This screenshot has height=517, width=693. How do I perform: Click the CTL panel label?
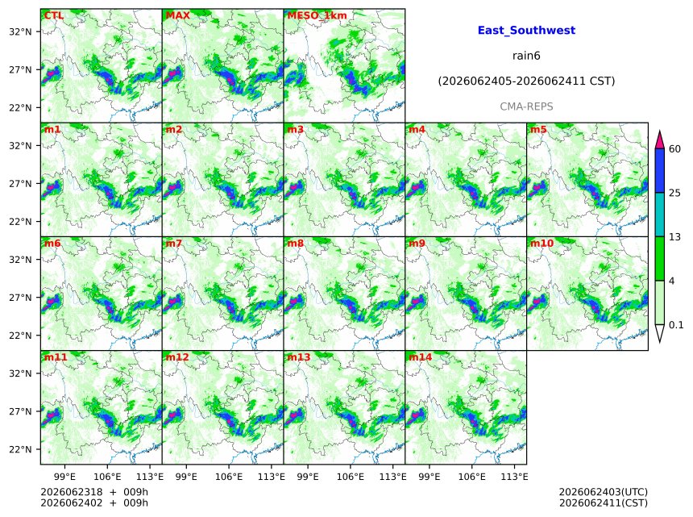pyautogui.click(x=53, y=15)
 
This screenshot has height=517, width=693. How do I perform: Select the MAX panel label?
pyautogui.click(x=177, y=15)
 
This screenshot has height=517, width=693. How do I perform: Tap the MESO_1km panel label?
pyautogui.click(x=317, y=16)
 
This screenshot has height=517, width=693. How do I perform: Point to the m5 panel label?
pyautogui.click(x=538, y=130)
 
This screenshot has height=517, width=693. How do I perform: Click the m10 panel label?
pyautogui.click(x=542, y=244)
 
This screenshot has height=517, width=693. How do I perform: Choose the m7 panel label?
pyautogui.click(x=174, y=244)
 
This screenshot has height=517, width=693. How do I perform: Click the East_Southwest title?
pyautogui.click(x=526, y=31)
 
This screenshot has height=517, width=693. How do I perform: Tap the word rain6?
pyautogui.click(x=526, y=56)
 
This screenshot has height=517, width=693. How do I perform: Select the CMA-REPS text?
pyautogui.click(x=526, y=106)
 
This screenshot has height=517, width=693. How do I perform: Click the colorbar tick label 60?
pyautogui.click(x=674, y=148)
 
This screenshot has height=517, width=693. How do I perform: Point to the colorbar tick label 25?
pyautogui.click(x=674, y=193)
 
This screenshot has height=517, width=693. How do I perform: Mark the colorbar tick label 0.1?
pyautogui.click(x=676, y=325)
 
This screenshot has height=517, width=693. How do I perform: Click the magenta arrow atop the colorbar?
pyautogui.click(x=660, y=140)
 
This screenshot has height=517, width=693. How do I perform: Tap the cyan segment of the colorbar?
pyautogui.click(x=660, y=215)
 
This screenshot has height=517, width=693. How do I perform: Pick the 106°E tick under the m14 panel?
pyautogui.click(x=471, y=477)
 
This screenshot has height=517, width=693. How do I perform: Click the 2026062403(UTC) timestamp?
pyautogui.click(x=604, y=492)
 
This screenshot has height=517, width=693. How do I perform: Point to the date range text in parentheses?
pyautogui.click(x=526, y=81)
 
